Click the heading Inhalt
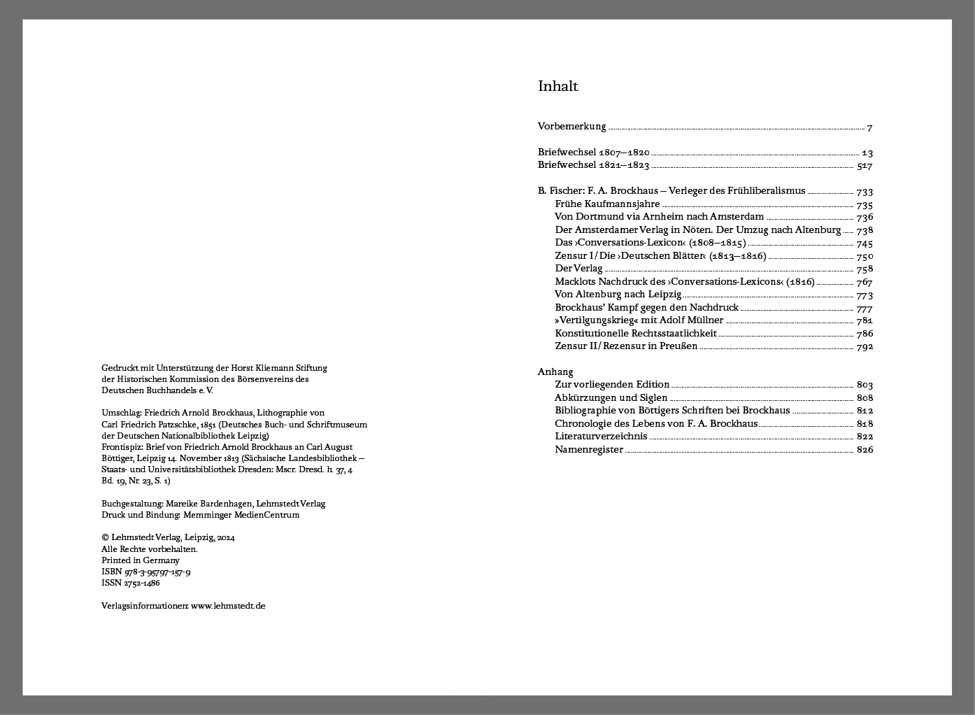point(557,86)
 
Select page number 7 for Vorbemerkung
point(869,128)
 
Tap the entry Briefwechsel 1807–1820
point(593,153)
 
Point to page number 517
point(864,166)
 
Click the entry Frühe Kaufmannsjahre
point(607,204)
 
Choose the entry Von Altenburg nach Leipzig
point(618,295)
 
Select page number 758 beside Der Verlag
point(864,269)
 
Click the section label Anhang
point(555,371)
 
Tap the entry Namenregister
point(589,449)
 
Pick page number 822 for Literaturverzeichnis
point(864,437)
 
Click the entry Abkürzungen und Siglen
point(611,397)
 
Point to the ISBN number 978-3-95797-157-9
point(157,572)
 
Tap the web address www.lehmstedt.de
point(228,606)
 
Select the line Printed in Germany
point(141,560)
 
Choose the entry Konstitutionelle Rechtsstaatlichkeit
point(635,333)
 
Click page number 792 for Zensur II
point(864,346)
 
